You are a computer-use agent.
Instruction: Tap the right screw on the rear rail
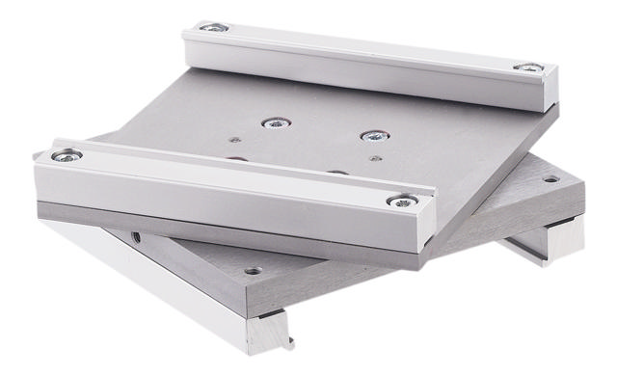click(527, 67)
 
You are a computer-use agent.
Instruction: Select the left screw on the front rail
click(67, 154)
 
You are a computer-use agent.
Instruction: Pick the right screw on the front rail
click(396, 201)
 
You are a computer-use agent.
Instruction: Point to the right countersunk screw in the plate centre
click(371, 136)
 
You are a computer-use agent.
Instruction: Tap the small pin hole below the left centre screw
click(235, 142)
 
